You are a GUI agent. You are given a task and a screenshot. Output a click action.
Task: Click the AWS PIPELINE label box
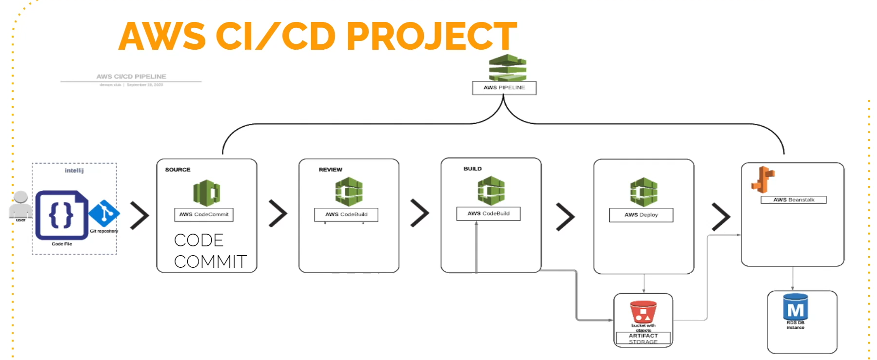(x=504, y=88)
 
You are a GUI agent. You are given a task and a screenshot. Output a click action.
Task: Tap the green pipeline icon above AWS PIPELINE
(x=507, y=67)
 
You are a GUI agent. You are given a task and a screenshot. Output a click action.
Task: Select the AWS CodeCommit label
(x=203, y=215)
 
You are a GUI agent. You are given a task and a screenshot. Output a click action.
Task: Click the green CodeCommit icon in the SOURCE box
(x=206, y=193)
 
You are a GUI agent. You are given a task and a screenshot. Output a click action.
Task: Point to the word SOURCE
(x=178, y=170)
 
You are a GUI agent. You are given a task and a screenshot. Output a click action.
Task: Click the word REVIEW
(x=330, y=170)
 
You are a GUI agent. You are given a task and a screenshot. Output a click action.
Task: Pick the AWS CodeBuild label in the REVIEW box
(x=346, y=215)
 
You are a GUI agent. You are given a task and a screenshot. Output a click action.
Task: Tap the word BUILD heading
(x=472, y=169)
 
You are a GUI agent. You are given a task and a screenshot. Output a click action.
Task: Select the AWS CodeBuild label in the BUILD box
(x=488, y=214)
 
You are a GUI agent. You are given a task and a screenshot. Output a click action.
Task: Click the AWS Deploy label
(x=641, y=215)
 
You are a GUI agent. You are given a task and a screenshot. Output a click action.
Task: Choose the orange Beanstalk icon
(x=763, y=180)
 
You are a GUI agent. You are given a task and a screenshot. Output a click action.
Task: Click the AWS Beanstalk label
(x=793, y=200)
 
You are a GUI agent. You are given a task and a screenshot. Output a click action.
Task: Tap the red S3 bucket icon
(x=643, y=312)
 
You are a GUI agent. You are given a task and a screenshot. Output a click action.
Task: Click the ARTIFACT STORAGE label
(x=643, y=339)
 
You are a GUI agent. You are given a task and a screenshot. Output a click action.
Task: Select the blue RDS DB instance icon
(x=795, y=307)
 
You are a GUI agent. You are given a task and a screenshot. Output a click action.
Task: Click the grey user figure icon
(x=20, y=204)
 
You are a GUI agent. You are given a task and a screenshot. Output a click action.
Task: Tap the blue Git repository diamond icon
(x=104, y=213)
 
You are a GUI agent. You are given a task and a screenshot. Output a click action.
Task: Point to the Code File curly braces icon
(x=61, y=215)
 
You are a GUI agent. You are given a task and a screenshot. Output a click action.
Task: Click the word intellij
(x=74, y=171)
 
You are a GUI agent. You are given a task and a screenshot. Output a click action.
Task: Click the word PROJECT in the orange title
(x=431, y=36)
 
